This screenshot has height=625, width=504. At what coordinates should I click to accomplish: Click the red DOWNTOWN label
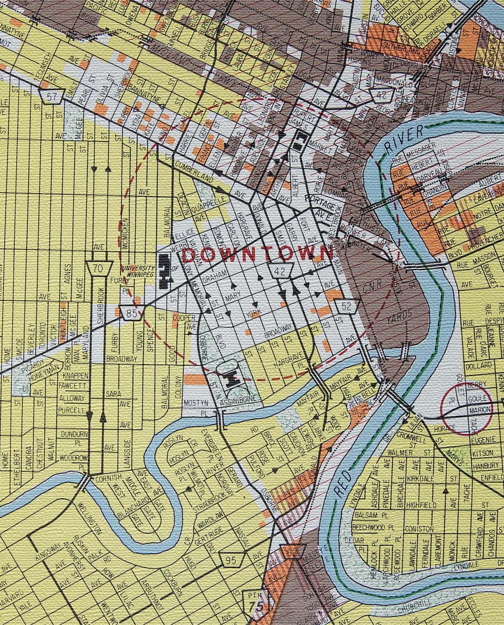256,253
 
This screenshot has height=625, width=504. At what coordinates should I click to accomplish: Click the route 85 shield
133,312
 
